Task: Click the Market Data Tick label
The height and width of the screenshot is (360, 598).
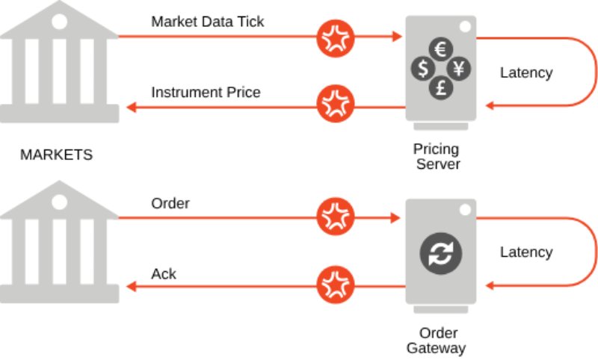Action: click(x=207, y=21)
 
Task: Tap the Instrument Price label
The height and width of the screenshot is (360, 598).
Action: click(x=206, y=93)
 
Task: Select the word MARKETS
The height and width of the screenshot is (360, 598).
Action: click(x=56, y=155)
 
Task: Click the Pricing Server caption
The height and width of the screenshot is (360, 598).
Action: click(x=437, y=156)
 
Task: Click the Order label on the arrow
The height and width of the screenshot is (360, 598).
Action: click(x=170, y=203)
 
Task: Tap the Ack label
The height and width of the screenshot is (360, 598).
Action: click(x=164, y=274)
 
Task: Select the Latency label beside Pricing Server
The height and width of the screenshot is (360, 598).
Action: click(x=526, y=72)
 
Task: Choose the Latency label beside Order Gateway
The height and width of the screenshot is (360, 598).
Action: click(x=526, y=252)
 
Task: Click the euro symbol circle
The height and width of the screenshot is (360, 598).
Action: click(x=440, y=50)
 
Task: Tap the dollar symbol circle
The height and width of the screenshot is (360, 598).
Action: click(x=422, y=69)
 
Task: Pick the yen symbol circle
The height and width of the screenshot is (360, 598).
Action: click(x=458, y=69)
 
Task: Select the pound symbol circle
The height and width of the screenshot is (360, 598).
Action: click(x=440, y=88)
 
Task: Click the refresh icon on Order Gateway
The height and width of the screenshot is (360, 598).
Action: click(x=440, y=252)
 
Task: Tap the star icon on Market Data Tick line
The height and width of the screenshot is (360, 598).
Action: click(x=336, y=36)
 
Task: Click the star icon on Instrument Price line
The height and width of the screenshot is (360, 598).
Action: click(x=336, y=105)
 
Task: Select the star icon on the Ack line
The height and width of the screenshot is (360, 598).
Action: click(x=336, y=285)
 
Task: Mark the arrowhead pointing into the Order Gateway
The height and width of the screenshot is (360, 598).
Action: click(x=395, y=218)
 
